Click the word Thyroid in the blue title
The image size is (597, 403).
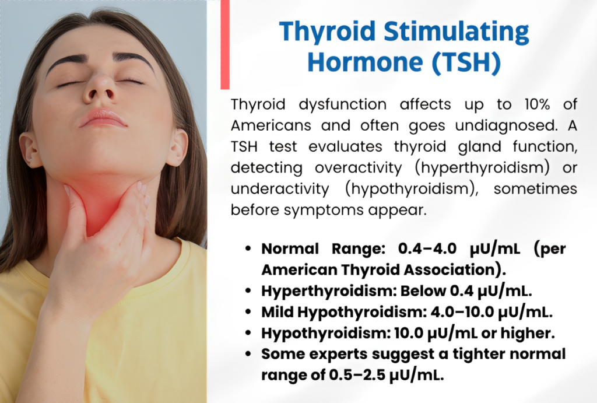328,32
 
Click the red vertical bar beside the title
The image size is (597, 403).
225,44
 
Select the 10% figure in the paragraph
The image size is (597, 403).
537,104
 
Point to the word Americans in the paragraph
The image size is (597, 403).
271,125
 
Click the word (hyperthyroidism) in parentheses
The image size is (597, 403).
482,167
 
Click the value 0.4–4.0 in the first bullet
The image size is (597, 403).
427,248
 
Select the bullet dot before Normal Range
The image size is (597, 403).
248,248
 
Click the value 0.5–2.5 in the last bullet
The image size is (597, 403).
357,375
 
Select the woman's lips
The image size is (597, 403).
102,118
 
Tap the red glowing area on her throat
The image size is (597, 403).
102,202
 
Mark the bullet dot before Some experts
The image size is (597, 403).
248,354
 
